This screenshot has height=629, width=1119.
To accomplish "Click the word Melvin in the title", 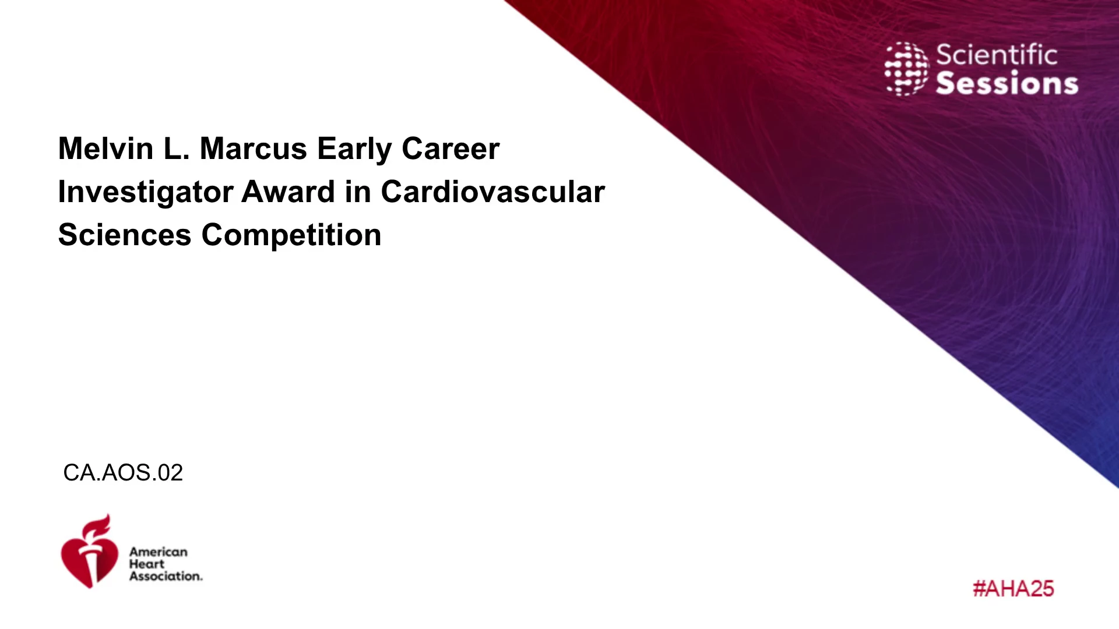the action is (x=105, y=149).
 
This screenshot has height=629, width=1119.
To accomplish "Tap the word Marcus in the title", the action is (x=254, y=149).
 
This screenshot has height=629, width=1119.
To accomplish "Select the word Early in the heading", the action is (x=354, y=150).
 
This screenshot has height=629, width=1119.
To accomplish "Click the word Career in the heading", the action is (x=451, y=149).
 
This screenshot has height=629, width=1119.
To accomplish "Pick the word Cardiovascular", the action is (x=493, y=192).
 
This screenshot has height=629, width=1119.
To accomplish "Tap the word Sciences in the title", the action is (x=125, y=235).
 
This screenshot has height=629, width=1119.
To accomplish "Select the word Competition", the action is (x=291, y=236).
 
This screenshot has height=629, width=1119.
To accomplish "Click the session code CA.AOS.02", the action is (x=123, y=472).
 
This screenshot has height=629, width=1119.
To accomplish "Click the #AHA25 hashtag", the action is (x=1014, y=589).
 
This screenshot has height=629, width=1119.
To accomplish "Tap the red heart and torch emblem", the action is (x=89, y=551).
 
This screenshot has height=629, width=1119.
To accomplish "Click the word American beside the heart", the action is (x=159, y=552).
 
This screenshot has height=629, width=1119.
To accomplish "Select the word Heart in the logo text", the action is (x=147, y=564).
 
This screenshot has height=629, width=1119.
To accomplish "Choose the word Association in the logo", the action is (x=166, y=576).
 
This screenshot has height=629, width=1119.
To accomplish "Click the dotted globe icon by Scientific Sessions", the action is (x=907, y=69).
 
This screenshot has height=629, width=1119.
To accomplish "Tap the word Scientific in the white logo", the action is (x=997, y=55).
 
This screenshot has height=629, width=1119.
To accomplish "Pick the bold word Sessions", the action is (x=1007, y=83).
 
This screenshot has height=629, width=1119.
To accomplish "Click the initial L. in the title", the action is (x=177, y=149).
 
